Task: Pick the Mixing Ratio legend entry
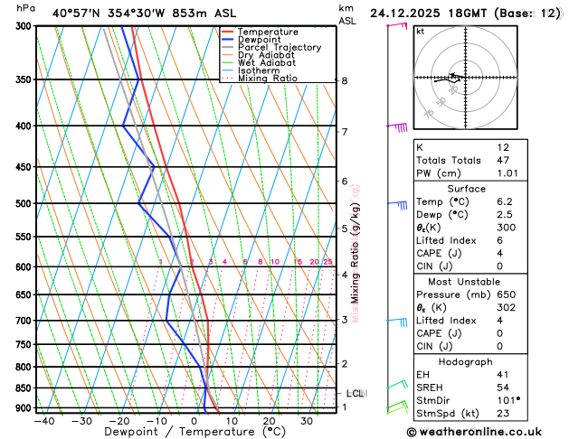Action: tap(268, 79)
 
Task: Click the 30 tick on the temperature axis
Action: tap(307, 421)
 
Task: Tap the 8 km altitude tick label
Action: tap(345, 80)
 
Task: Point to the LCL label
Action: tap(355, 393)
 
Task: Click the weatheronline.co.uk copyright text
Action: tap(481, 432)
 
